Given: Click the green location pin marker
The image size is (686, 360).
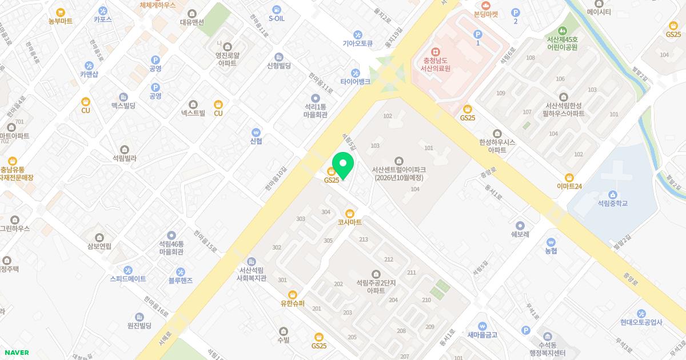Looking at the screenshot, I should click(x=343, y=165).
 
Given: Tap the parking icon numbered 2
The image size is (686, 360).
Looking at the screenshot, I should click(x=515, y=13).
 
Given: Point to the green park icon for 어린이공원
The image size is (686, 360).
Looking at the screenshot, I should click(x=563, y=30).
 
